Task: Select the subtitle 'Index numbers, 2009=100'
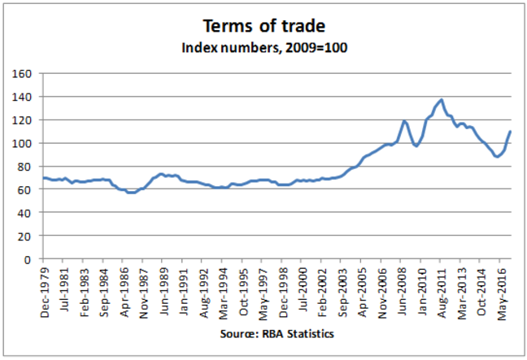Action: click(x=263, y=47)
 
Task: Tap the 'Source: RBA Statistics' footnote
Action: click(x=266, y=333)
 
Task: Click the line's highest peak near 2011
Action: click(x=441, y=99)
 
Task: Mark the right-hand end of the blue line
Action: click(x=510, y=131)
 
